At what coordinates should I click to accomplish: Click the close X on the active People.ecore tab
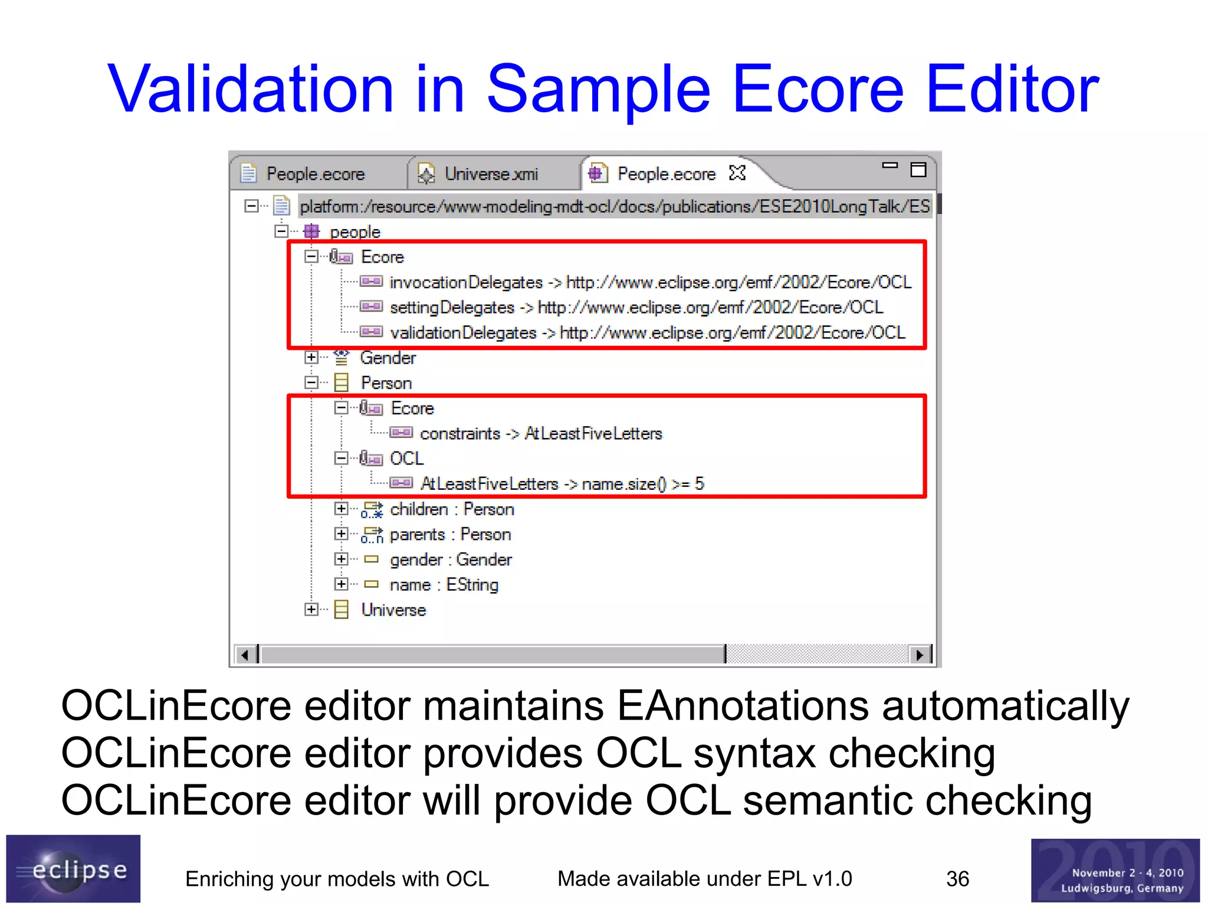737,173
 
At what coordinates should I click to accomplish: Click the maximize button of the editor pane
918,170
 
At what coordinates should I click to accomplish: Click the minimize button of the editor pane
889,166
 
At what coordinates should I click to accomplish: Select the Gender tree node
388,358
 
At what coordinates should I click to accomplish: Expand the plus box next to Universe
311,609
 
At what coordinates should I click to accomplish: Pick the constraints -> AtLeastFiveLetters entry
540,434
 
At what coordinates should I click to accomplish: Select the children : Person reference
452,509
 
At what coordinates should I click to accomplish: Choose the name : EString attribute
444,585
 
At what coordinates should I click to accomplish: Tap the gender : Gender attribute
451,560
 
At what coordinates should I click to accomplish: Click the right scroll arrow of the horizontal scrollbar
919,655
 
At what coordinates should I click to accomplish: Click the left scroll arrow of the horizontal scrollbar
244,655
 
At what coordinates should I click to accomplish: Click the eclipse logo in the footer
73,869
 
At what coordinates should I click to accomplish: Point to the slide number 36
957,879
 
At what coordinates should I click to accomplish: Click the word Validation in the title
250,89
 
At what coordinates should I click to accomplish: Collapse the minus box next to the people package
281,231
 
